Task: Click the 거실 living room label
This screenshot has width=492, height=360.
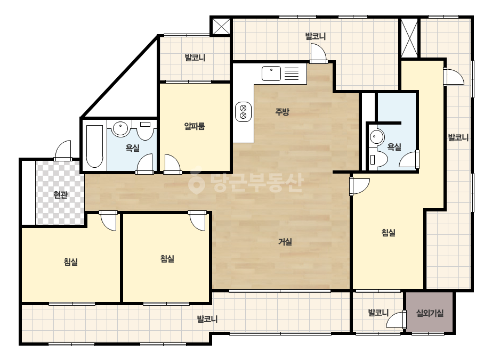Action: tap(285, 242)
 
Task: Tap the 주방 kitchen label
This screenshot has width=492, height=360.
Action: tap(282, 112)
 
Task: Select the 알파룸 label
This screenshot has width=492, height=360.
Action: tap(195, 126)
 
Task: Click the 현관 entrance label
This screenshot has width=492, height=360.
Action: tap(60, 195)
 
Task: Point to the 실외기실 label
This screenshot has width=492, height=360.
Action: tap(430, 313)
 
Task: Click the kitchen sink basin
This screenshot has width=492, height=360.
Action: tap(271, 73)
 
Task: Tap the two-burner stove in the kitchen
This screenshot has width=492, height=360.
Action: tap(243, 112)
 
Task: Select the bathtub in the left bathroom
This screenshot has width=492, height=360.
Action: tap(94, 146)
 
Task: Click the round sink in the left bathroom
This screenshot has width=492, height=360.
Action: tap(120, 128)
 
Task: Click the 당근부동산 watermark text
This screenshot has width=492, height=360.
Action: tap(257, 183)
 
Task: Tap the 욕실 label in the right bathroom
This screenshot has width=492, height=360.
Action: tap(394, 146)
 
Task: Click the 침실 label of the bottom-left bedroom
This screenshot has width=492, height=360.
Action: tap(70, 262)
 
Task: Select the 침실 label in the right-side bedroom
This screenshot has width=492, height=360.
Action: tap(388, 232)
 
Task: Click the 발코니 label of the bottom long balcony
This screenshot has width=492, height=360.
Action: tap(207, 319)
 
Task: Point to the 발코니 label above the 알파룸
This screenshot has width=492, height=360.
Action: tap(195, 58)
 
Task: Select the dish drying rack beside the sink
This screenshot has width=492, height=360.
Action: tap(292, 73)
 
